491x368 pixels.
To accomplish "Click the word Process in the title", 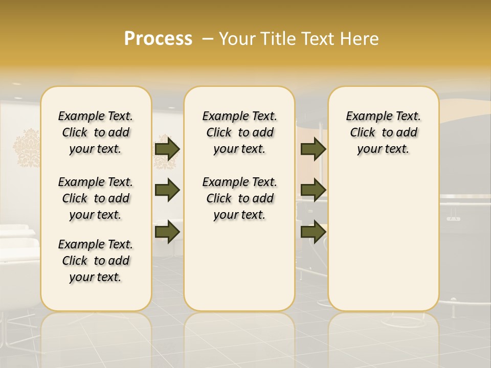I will [x=158, y=38].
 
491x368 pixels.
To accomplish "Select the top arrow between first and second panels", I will [x=167, y=149].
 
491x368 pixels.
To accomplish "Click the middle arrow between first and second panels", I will [x=167, y=190].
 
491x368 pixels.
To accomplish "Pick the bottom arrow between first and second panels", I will [x=167, y=232].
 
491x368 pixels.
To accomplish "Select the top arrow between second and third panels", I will [x=313, y=149].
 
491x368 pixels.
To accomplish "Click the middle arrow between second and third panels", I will [x=313, y=190].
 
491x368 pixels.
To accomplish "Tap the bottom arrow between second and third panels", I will [x=313, y=232].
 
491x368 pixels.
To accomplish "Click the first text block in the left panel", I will [x=96, y=132].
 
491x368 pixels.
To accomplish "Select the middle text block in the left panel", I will [x=96, y=198].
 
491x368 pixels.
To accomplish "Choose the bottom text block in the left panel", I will [x=96, y=261].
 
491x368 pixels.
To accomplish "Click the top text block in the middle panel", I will [x=240, y=132].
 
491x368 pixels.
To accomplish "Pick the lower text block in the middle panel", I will [x=240, y=198].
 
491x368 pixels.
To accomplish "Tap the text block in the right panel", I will [x=384, y=132].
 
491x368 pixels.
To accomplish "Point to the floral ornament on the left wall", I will [x=27, y=148].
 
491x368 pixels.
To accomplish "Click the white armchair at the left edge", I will [x=18, y=256].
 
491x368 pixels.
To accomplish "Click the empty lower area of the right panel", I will [x=384, y=240].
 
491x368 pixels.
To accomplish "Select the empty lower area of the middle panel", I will [x=240, y=266].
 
